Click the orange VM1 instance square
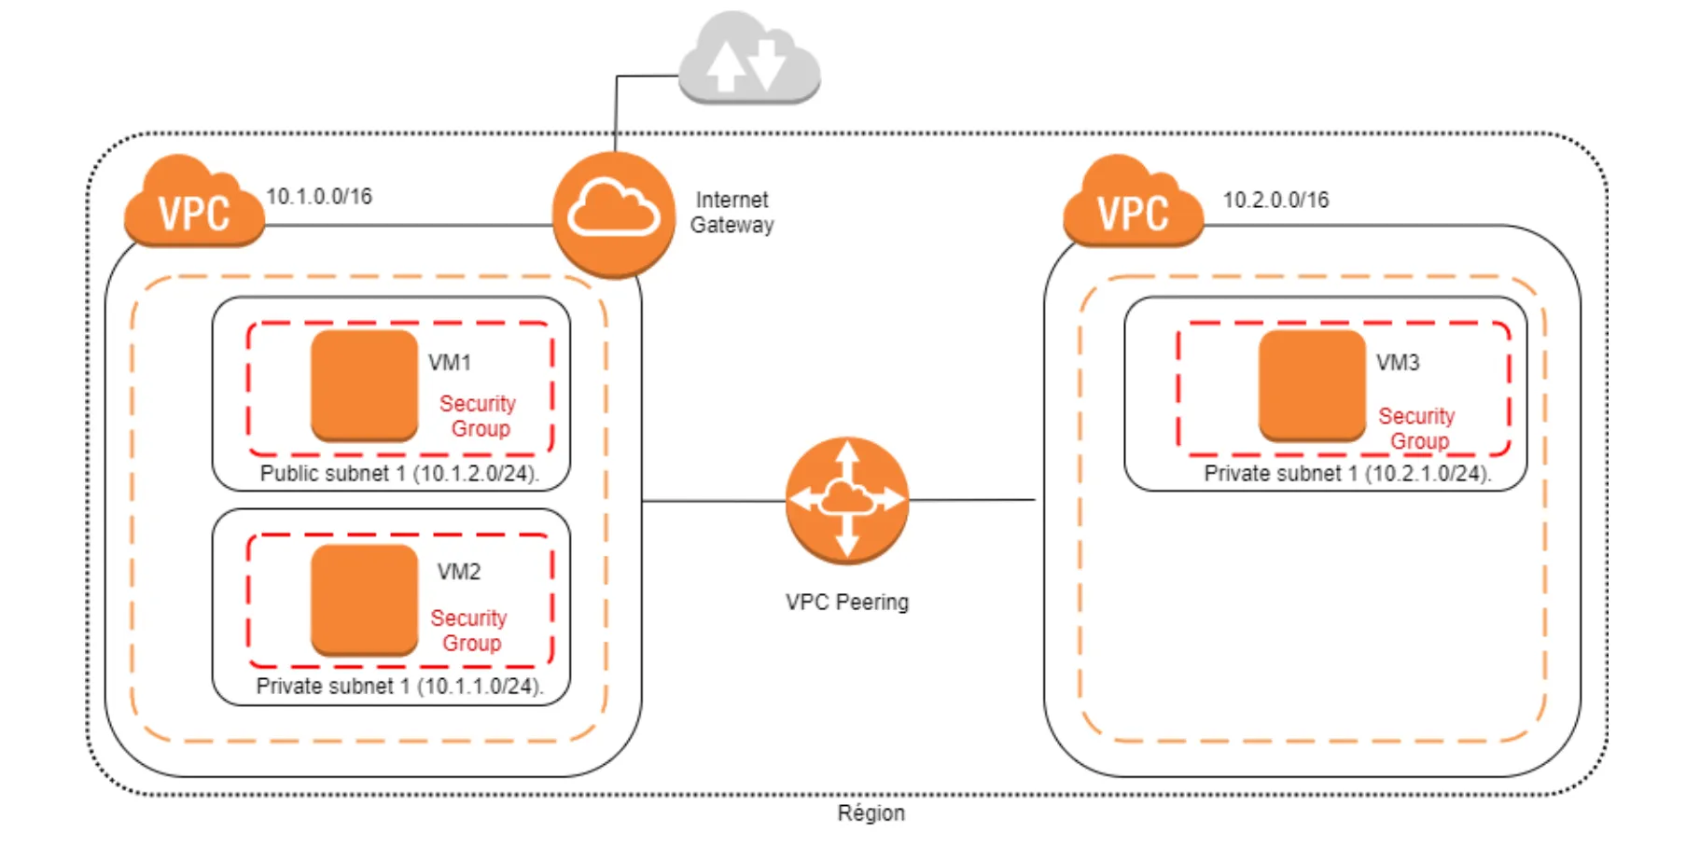point(364,384)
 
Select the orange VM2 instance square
point(364,599)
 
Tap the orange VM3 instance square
point(1312,384)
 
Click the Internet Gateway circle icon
point(613,215)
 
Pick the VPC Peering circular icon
point(846,501)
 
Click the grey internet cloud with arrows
point(749,58)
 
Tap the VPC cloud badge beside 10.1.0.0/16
point(194,203)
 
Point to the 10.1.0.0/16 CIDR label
point(319,197)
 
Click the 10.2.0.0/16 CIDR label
point(1275,201)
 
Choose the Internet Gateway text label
point(732,213)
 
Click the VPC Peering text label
point(846,603)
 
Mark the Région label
point(871,813)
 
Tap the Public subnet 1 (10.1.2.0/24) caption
point(399,474)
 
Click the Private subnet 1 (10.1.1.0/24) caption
point(399,687)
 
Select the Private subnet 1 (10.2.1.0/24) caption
point(1347,474)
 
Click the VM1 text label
point(450,363)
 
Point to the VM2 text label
point(459,572)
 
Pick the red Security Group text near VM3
point(1417,428)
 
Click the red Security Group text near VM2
point(469,631)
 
